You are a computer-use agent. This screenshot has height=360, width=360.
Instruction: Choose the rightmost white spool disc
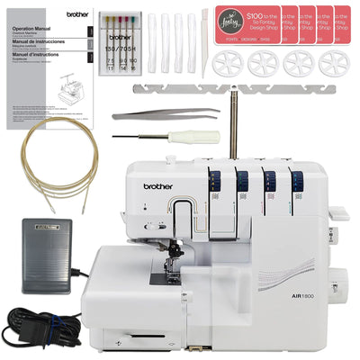tap(335, 64)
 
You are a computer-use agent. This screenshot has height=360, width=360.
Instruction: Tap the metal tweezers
tap(166, 114)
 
